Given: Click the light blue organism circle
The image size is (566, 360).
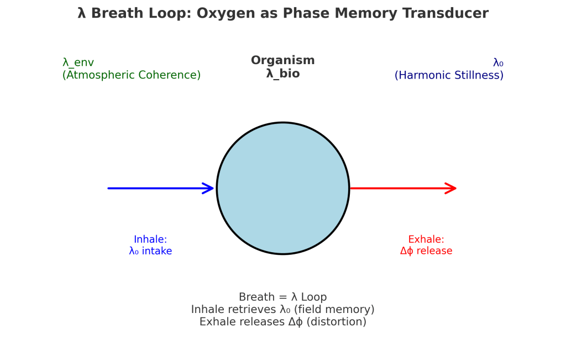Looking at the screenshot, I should pos(282,188).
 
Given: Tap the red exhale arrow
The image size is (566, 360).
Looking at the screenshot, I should pos(398,189).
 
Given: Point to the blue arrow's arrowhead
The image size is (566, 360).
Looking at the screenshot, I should pos(209,189).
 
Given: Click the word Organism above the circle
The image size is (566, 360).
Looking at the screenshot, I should pos(282,61).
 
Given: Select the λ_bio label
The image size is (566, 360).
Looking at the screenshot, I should pos(282,74).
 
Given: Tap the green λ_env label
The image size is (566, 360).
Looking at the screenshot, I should pos(78,63).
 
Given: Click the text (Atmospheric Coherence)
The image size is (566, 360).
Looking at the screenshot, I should pos(132,75).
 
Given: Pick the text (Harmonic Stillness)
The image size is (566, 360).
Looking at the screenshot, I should pos(449,75).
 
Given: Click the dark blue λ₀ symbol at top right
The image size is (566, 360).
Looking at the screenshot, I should pos(498,63).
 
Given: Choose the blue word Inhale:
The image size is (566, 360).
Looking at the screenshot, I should pos(150,239).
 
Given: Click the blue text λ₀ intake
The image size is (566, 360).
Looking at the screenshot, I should pos(150,251).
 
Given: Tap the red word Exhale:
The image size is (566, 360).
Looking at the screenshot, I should pos(426,239).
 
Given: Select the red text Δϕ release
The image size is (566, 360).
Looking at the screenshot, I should pos(426,251).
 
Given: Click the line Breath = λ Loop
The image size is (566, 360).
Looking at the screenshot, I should pos(282,298).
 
